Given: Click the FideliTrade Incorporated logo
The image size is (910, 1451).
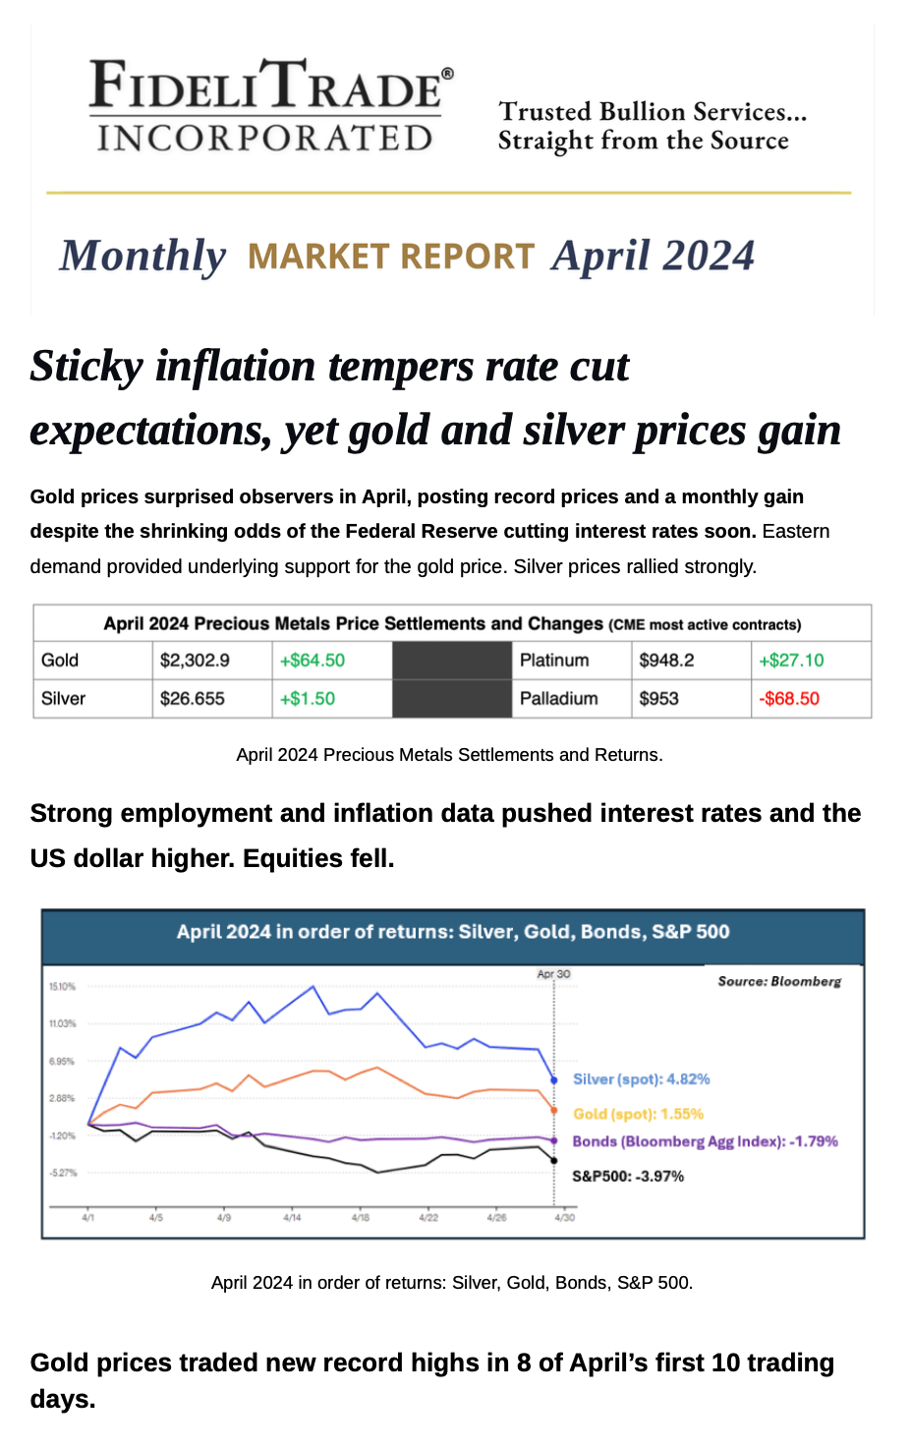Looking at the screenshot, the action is (x=270, y=105).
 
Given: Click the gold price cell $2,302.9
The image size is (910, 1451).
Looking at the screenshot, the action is (x=195, y=660).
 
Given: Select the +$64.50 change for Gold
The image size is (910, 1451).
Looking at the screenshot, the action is (x=313, y=660).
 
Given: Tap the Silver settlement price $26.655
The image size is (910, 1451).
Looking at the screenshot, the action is (x=193, y=698).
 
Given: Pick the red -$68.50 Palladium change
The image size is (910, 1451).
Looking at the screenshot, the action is (x=789, y=698).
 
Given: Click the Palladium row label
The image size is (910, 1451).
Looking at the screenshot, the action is (x=558, y=698).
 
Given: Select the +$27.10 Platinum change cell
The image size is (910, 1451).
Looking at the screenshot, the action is (x=791, y=660).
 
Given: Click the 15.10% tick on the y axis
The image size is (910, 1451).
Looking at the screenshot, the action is (x=62, y=987).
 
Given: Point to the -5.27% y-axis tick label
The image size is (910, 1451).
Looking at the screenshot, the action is (x=63, y=1173).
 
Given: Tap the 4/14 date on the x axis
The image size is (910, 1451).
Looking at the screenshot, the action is (x=292, y=1218).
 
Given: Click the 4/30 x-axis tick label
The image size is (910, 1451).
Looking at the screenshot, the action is (x=565, y=1218).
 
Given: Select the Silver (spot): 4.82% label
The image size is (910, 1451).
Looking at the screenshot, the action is (x=641, y=1079).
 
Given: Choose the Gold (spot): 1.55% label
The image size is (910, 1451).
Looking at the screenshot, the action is (x=638, y=1114).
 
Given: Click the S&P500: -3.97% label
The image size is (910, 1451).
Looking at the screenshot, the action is (x=628, y=1177).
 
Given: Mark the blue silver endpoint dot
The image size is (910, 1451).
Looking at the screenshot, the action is (x=554, y=1079).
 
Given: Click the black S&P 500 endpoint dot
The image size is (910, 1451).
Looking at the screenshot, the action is (x=554, y=1160).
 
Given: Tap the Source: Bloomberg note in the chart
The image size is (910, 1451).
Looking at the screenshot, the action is (x=779, y=981).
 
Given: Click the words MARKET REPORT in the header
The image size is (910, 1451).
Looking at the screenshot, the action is (x=391, y=256).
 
